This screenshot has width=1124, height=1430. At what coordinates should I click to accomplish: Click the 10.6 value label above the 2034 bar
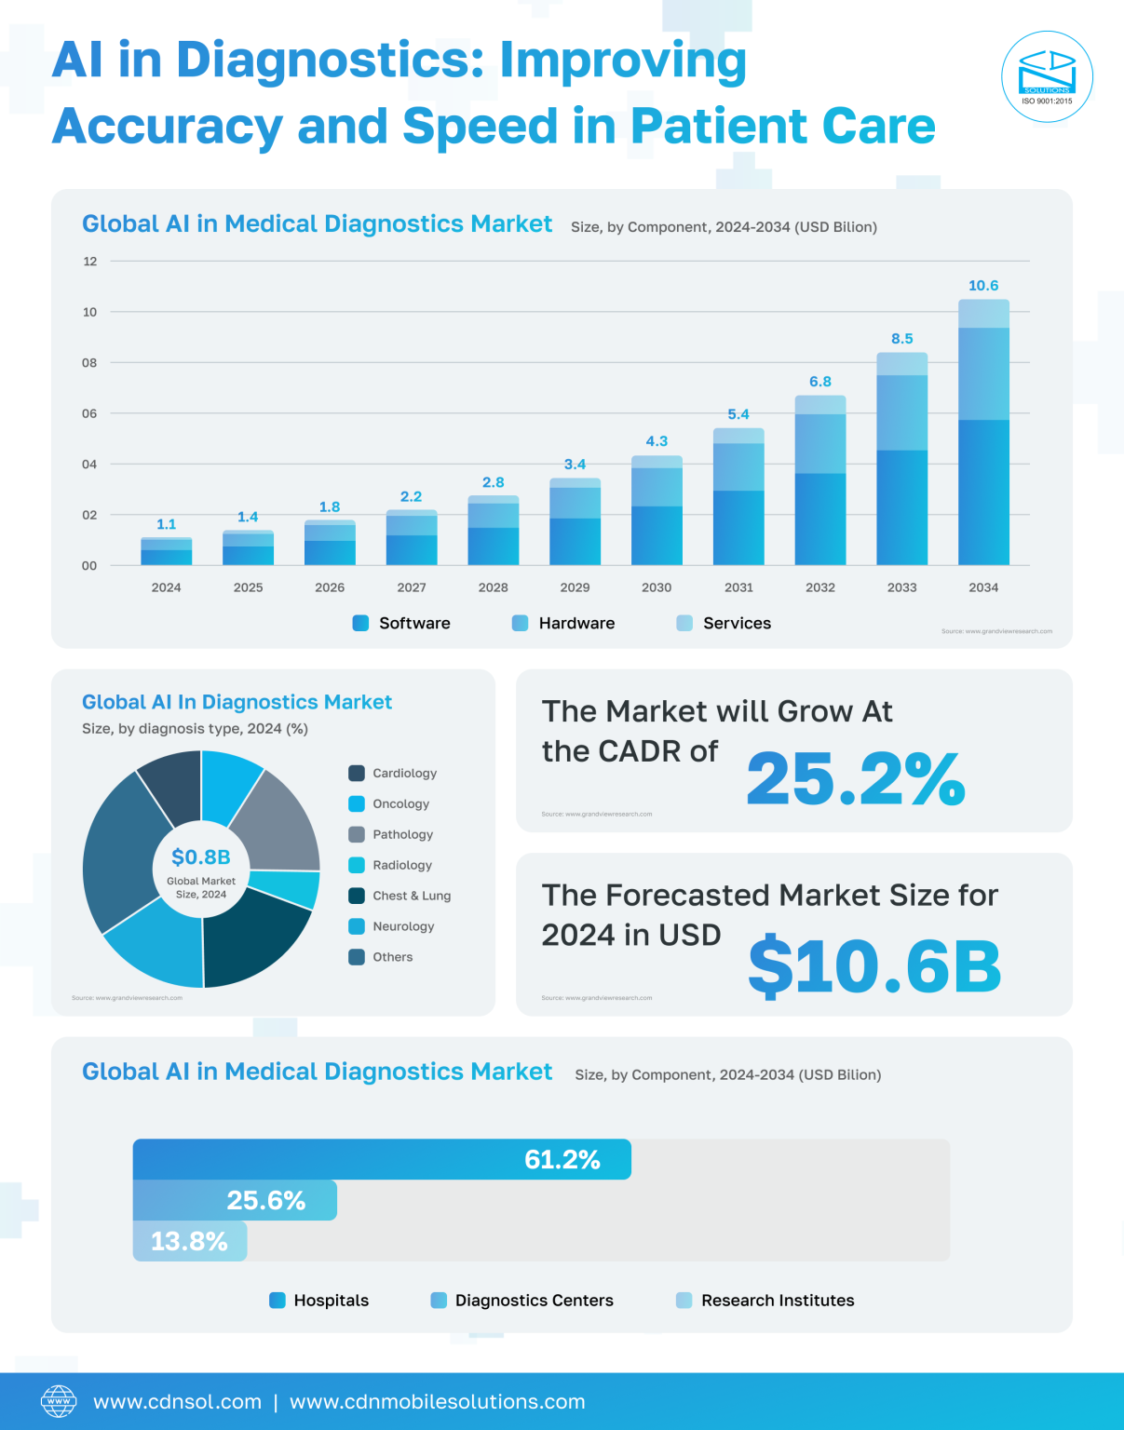click(x=983, y=286)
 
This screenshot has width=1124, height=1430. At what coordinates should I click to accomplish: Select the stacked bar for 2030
click(x=657, y=510)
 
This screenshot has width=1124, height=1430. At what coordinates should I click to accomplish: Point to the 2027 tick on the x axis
click(x=412, y=587)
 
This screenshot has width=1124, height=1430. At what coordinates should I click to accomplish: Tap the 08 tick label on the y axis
click(x=89, y=362)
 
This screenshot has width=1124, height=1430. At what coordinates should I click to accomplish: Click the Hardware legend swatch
click(x=521, y=623)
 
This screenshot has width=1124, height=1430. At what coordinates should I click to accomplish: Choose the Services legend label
click(x=737, y=623)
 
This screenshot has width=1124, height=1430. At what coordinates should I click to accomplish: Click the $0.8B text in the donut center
click(x=201, y=857)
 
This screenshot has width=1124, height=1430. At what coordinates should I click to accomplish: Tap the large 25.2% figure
click(x=855, y=778)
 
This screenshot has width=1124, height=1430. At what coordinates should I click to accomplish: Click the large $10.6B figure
click(x=873, y=965)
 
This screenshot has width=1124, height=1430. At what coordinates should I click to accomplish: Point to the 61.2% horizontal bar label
click(x=562, y=1159)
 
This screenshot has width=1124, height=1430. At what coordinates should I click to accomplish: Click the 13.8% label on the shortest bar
click(x=189, y=1241)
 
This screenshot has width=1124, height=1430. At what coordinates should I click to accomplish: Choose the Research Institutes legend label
click(x=778, y=1301)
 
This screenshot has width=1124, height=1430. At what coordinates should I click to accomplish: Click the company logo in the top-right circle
click(x=1047, y=76)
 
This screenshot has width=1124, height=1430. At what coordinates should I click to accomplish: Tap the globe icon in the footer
click(x=59, y=1401)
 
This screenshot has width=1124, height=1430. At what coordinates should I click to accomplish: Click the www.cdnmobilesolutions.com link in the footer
click(x=438, y=1402)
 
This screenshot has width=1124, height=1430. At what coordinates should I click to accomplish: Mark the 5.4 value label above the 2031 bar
click(x=738, y=414)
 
